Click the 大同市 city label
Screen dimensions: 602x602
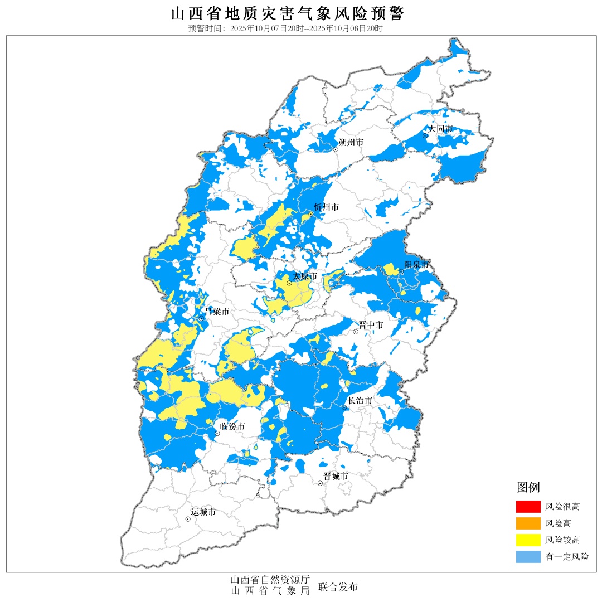[441, 129]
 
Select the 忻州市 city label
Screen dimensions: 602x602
[326, 207]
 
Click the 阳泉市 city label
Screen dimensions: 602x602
[417, 265]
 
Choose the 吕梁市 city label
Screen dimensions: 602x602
[217, 312]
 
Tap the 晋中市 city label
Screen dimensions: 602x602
[371, 325]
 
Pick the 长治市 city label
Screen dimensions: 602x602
[360, 401]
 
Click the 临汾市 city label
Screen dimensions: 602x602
[232, 427]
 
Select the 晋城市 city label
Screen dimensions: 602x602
[336, 477]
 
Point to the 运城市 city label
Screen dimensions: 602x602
[203, 512]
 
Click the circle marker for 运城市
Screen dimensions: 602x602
[188, 519]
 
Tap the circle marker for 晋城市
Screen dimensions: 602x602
[321, 483]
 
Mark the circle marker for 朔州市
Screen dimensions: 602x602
[336, 149]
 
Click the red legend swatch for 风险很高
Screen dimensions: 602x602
[528, 507]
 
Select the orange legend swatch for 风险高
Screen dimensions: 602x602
[528, 523]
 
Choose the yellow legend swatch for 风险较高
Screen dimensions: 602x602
[528, 540]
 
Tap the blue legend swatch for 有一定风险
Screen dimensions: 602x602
[528, 556]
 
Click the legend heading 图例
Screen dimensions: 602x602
[528, 488]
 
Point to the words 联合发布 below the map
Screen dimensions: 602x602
[338, 587]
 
